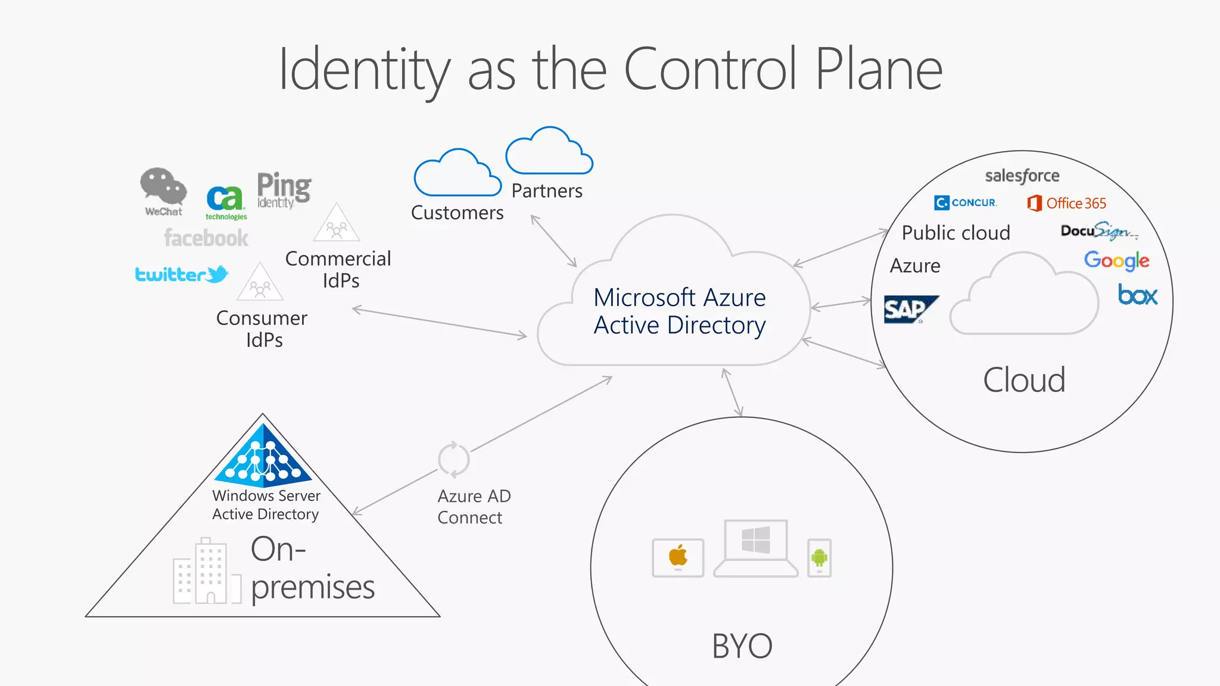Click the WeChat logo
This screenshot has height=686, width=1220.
(163, 191)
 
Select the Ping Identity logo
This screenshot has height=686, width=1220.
(284, 190)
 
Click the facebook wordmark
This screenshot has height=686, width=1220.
(206, 238)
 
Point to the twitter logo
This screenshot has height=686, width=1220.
(182, 275)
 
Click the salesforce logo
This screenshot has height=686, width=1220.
(1022, 176)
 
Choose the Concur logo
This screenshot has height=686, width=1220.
(965, 203)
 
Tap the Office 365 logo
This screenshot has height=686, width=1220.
(1066, 204)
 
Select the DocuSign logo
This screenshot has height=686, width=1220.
(1098, 231)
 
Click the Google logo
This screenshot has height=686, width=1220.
(1116, 260)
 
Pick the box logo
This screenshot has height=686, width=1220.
(1138, 295)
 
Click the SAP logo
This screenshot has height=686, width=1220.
(910, 309)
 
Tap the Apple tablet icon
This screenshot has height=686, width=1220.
(678, 557)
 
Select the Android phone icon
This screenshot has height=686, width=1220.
(819, 558)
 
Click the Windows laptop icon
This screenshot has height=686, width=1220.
(755, 548)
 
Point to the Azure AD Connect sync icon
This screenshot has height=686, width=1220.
(453, 460)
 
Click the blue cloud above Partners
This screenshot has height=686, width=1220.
(549, 152)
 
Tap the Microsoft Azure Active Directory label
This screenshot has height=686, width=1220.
(679, 311)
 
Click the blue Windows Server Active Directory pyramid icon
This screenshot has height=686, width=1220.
(263, 454)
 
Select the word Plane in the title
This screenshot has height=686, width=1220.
(878, 70)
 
